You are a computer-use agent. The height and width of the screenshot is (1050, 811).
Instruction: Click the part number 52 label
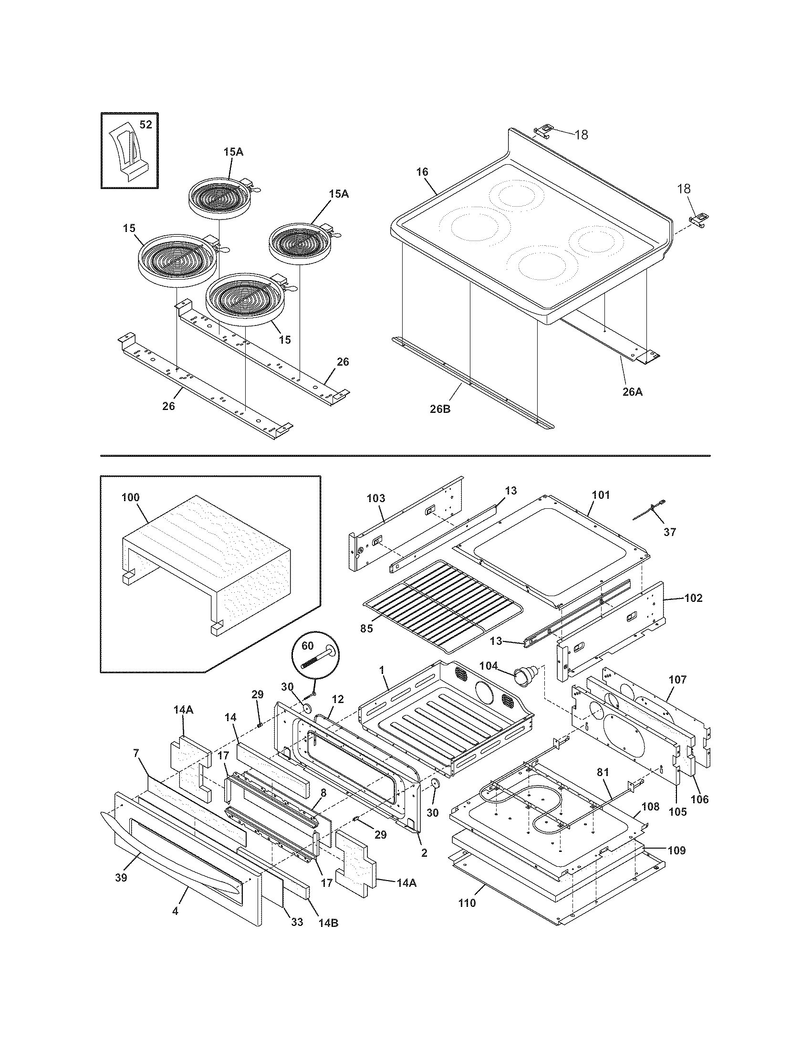click(x=146, y=125)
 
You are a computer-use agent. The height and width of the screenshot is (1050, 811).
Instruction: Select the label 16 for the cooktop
click(x=422, y=172)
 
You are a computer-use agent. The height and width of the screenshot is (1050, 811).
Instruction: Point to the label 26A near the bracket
click(x=632, y=392)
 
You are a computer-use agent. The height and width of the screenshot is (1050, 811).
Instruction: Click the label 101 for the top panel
click(x=601, y=495)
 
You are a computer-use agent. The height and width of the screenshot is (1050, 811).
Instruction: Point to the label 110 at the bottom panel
click(x=467, y=903)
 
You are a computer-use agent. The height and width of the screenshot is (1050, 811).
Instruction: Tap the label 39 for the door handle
click(x=121, y=877)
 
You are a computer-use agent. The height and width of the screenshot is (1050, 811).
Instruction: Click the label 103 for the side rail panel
click(x=376, y=498)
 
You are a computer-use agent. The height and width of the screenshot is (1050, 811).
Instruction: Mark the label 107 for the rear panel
click(x=677, y=680)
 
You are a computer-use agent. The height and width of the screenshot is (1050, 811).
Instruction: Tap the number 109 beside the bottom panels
click(x=676, y=850)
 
